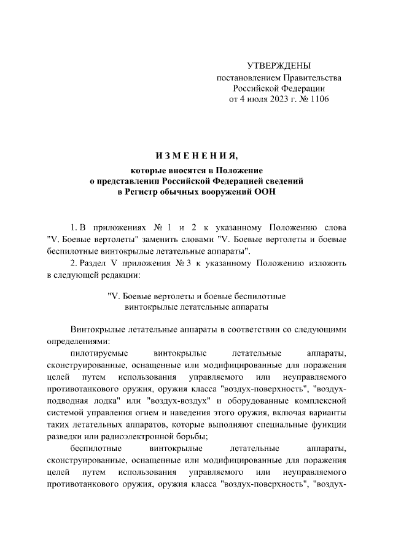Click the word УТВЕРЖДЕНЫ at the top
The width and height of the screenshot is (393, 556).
tap(279, 66)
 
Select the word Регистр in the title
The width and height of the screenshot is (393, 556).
tap(139, 193)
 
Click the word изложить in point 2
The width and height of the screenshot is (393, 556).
tap(330, 264)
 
